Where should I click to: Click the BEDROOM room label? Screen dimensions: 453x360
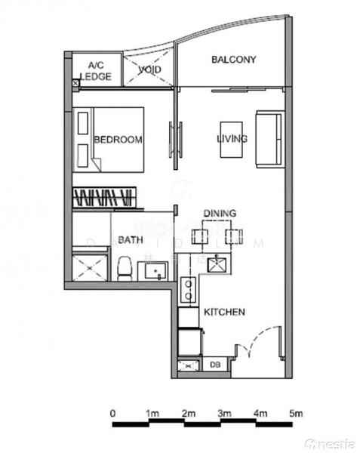coord(118,140)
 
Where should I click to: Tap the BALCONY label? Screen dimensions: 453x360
coord(233,60)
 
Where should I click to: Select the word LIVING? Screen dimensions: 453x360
coord(232,139)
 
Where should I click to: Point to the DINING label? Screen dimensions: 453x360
coord(220,214)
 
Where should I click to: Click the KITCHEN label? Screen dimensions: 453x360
coord(224,312)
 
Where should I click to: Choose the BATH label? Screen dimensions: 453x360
coord(131,239)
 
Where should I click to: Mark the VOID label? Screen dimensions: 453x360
coord(149,71)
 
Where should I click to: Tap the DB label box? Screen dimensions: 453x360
coord(214,365)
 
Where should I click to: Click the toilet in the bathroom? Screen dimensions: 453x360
coord(125,267)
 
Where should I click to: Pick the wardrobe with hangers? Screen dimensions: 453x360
coord(104,198)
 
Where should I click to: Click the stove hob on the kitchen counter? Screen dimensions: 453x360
coord(188,291)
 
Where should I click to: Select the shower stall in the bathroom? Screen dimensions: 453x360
coord(89,267)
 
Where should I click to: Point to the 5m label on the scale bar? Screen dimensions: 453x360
coord(297,414)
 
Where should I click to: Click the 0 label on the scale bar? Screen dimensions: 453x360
coord(112,414)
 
